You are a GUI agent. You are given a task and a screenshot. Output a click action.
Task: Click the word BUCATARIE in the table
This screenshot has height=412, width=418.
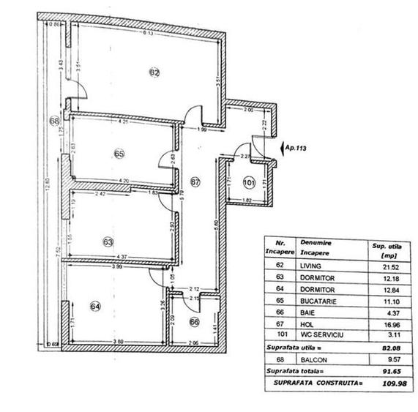click(x=316, y=301)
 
